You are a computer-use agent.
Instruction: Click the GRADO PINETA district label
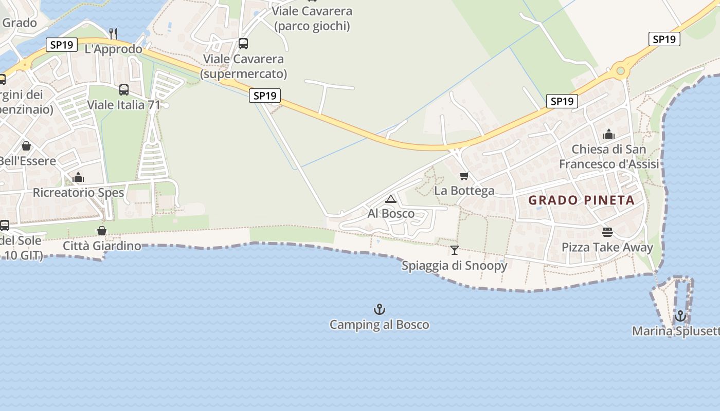click(x=582, y=200)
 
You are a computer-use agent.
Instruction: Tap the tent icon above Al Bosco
click(x=391, y=199)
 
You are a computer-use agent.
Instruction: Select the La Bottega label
click(x=464, y=191)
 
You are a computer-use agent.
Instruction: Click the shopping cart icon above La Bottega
click(x=464, y=176)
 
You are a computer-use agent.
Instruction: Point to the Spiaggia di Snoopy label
click(x=454, y=266)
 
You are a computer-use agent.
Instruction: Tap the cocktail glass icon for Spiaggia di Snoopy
click(x=455, y=250)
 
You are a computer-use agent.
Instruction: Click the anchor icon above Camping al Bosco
click(x=380, y=309)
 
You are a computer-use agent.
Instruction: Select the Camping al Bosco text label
click(x=379, y=325)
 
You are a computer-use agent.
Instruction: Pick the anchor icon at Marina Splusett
click(x=680, y=316)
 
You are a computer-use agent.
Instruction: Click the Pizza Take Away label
click(x=607, y=247)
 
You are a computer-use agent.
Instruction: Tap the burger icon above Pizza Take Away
click(x=607, y=232)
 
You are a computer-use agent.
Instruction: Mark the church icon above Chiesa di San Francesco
click(x=609, y=135)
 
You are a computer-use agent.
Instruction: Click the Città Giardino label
click(x=102, y=246)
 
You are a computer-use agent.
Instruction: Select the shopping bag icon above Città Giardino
click(x=102, y=231)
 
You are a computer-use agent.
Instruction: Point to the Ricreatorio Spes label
click(x=78, y=193)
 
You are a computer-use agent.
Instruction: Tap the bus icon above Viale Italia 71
click(x=124, y=90)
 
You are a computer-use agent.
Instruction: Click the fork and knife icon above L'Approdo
click(x=113, y=34)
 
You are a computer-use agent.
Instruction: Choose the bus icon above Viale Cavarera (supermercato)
click(x=243, y=44)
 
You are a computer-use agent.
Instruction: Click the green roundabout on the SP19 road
click(x=621, y=70)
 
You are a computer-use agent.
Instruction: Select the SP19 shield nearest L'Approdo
click(x=62, y=45)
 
